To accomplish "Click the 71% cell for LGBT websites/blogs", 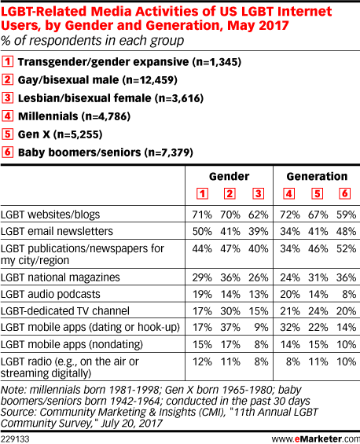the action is [202, 215].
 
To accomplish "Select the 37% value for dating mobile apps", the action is [230, 328].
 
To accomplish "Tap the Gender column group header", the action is [230, 176].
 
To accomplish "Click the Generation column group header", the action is [317, 176].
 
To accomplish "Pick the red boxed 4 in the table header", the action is [289, 193].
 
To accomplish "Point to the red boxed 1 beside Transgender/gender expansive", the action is [7, 61].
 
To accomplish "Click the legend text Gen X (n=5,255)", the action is [60, 134].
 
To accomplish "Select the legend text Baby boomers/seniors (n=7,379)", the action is [105, 152].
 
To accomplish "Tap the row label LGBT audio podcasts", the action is [50, 294].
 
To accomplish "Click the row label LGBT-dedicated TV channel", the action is [65, 311].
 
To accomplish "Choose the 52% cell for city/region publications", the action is [346, 249].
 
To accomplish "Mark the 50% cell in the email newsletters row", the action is [202, 232].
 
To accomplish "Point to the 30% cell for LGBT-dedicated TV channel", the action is [230, 311].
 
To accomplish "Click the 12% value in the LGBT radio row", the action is [202, 362].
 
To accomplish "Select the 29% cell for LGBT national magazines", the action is [202, 277].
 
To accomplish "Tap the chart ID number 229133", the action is [15, 439].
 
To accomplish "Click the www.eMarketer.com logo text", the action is [315, 439].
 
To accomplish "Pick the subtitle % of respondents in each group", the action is [92, 41].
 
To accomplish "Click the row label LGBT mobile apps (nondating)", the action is [72, 345].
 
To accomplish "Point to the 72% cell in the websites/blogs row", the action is [290, 215].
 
